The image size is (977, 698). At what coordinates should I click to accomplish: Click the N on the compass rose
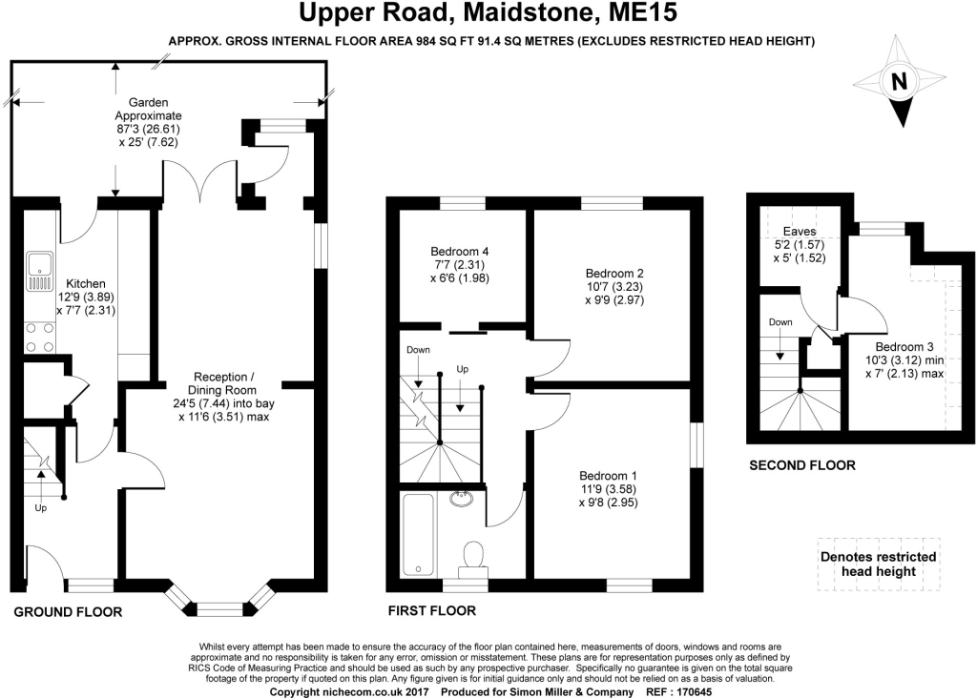click(899, 82)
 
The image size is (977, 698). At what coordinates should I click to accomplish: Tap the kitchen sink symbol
click(40, 272)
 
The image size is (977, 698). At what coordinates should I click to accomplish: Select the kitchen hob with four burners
click(40, 338)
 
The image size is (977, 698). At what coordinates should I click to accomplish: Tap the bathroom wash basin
click(461, 497)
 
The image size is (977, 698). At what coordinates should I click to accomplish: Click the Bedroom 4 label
click(459, 252)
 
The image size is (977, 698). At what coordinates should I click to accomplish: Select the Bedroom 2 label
click(614, 274)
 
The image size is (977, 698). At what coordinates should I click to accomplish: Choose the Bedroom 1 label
click(608, 476)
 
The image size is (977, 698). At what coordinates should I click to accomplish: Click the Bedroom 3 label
click(904, 347)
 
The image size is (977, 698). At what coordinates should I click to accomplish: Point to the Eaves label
click(800, 232)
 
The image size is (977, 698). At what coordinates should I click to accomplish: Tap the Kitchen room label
click(86, 284)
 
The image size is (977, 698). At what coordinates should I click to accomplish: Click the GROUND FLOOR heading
click(68, 612)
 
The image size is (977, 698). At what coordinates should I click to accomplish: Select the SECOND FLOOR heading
click(801, 465)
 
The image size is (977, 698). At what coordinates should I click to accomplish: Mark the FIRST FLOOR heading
click(432, 611)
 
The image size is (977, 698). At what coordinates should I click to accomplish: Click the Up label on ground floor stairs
click(40, 508)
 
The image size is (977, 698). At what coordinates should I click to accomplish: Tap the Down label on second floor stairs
click(780, 322)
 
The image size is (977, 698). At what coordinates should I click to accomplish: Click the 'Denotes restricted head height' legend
click(879, 565)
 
